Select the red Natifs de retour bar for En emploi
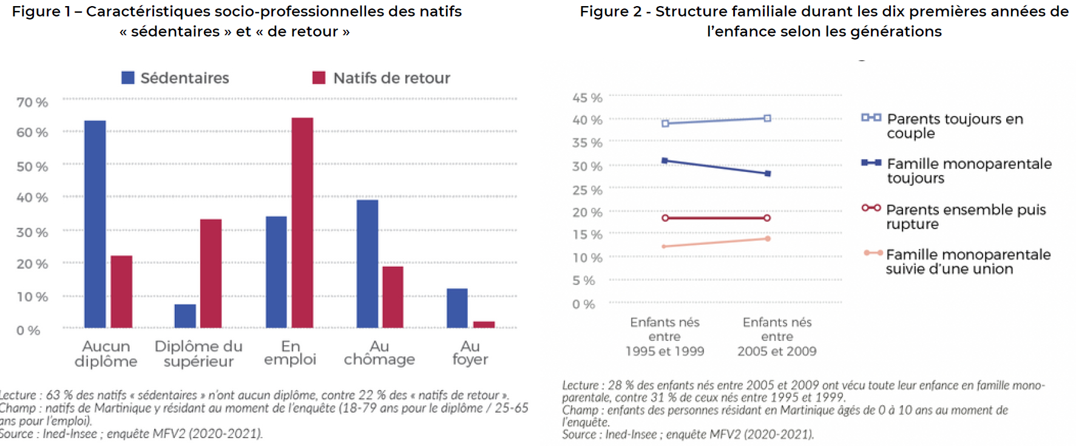pos(302,222)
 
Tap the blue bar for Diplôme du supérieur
pos(185,316)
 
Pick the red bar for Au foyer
pos(484,324)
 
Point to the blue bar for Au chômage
pos(367,264)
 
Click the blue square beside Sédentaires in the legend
pos(127,78)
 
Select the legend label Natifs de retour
pos(391,78)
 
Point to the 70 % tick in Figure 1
pos(32,102)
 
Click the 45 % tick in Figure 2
pos(587,98)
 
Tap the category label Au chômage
pos(379,353)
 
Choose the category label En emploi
pos(290,353)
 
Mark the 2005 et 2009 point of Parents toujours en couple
pos(768,118)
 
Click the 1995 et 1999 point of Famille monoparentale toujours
pos(665,161)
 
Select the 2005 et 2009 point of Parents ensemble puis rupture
pos(768,218)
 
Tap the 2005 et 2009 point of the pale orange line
pos(768,239)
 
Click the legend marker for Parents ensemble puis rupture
pos(871,208)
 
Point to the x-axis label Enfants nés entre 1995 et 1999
pos(665,337)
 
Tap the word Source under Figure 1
pos(16,434)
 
